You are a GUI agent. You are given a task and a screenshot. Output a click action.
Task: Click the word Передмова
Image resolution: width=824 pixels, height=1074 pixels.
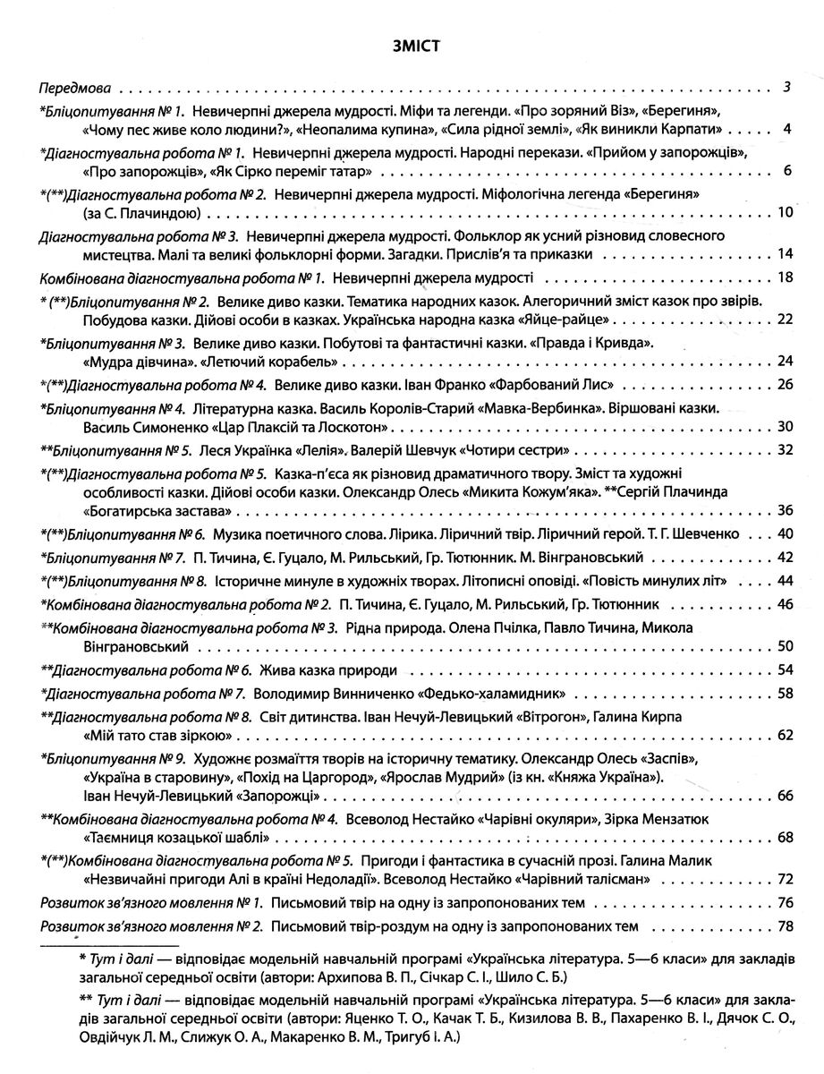[x=75, y=89]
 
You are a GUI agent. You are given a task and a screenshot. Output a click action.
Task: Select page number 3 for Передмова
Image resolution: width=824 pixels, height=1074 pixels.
[x=786, y=89]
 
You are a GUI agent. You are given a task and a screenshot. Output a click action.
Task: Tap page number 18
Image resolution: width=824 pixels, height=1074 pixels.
[x=786, y=277]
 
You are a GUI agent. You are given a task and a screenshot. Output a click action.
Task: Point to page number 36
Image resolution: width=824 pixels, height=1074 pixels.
[x=786, y=511]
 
